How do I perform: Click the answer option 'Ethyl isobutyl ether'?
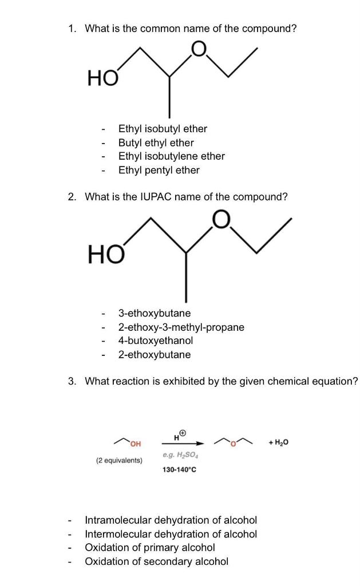(x=163, y=129)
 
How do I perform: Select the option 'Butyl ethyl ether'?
(x=156, y=142)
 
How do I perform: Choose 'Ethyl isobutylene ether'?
(x=171, y=156)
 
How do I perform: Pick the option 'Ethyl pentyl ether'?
(x=159, y=170)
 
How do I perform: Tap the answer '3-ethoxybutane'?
(x=155, y=313)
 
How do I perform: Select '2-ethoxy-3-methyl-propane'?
(x=181, y=327)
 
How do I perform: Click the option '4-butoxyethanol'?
(x=155, y=340)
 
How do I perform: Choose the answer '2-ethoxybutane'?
(x=155, y=354)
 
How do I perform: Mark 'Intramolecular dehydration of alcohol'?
(x=171, y=520)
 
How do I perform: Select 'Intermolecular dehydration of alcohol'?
(x=171, y=534)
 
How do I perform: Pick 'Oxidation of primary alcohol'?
(x=150, y=548)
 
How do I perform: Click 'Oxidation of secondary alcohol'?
(x=156, y=561)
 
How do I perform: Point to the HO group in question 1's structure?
(x=102, y=77)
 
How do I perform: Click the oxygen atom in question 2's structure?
(x=221, y=219)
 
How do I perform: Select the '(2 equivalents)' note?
(x=119, y=460)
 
